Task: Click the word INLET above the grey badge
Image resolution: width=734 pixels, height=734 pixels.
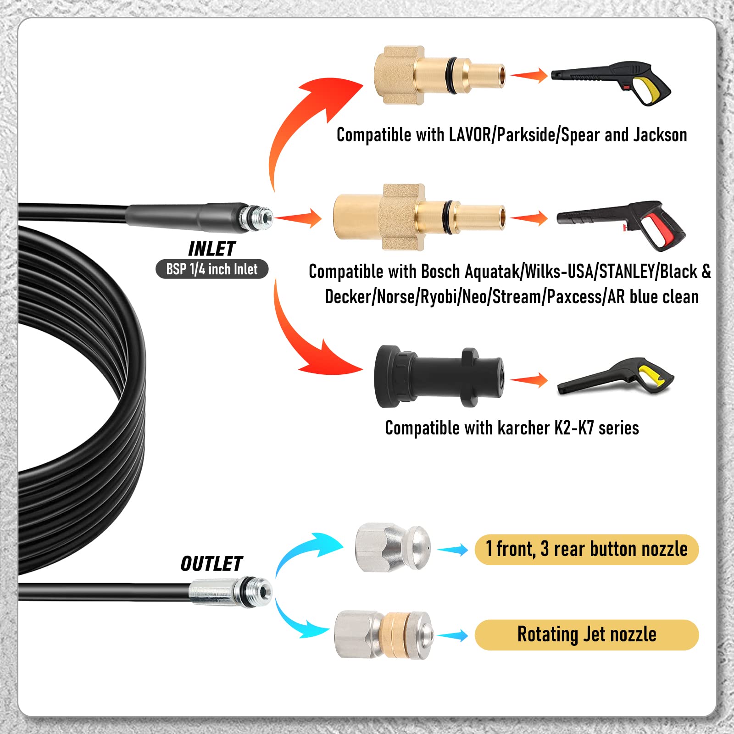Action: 211,249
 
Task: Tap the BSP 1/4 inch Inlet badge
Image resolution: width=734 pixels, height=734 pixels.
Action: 212,269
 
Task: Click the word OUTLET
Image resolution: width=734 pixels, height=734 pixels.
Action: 211,564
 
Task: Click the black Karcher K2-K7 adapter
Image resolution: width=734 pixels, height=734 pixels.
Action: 439,376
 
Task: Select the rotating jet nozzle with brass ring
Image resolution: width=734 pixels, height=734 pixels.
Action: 383,635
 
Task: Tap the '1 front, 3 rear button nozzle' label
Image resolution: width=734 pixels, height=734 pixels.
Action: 587,549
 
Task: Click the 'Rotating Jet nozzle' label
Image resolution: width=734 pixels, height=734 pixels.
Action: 587,635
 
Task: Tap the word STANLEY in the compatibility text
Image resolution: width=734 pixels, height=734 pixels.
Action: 628,272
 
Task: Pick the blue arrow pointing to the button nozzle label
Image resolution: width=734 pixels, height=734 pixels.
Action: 453,550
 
